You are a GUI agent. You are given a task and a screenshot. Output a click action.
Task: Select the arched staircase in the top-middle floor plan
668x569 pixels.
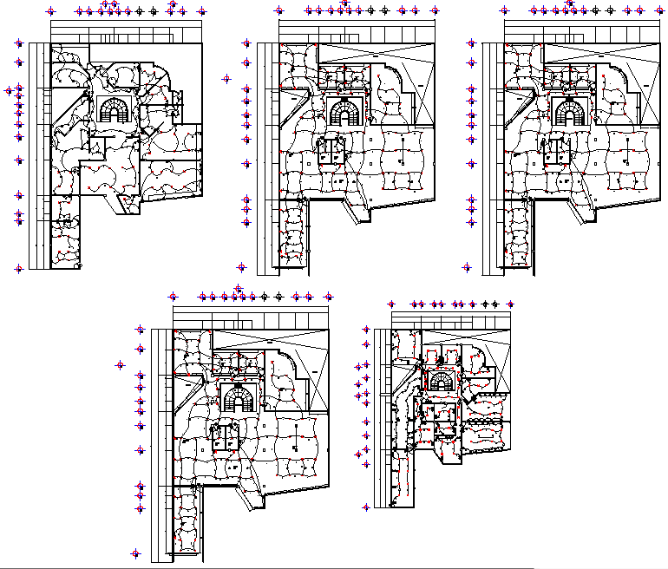pyautogui.click(x=344, y=113)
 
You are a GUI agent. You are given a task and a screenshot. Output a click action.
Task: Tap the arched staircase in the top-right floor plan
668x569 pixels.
pyautogui.click(x=570, y=114)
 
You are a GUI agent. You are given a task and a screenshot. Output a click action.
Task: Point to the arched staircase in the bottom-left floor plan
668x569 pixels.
pyautogui.click(x=237, y=399)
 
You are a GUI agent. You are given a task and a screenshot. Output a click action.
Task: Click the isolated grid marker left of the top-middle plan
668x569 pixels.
pyautogui.click(x=227, y=78)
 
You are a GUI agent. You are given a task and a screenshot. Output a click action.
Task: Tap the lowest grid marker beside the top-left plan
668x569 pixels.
pyautogui.click(x=18, y=269)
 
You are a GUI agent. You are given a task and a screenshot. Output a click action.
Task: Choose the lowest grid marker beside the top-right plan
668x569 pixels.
pyautogui.click(x=468, y=268)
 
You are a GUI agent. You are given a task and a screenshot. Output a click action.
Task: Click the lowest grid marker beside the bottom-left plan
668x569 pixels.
pyautogui.click(x=135, y=553)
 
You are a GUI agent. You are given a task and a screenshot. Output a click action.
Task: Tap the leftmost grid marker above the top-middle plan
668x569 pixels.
pyautogui.click(x=278, y=11)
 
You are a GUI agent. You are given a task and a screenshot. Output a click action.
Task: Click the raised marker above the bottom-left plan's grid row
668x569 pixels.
pyautogui.click(x=239, y=288)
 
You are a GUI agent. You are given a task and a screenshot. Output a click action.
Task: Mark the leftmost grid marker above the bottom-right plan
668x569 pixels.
pyautogui.click(x=392, y=304)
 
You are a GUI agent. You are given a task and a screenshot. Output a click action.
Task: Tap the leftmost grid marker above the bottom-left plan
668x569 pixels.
pyautogui.click(x=173, y=297)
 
